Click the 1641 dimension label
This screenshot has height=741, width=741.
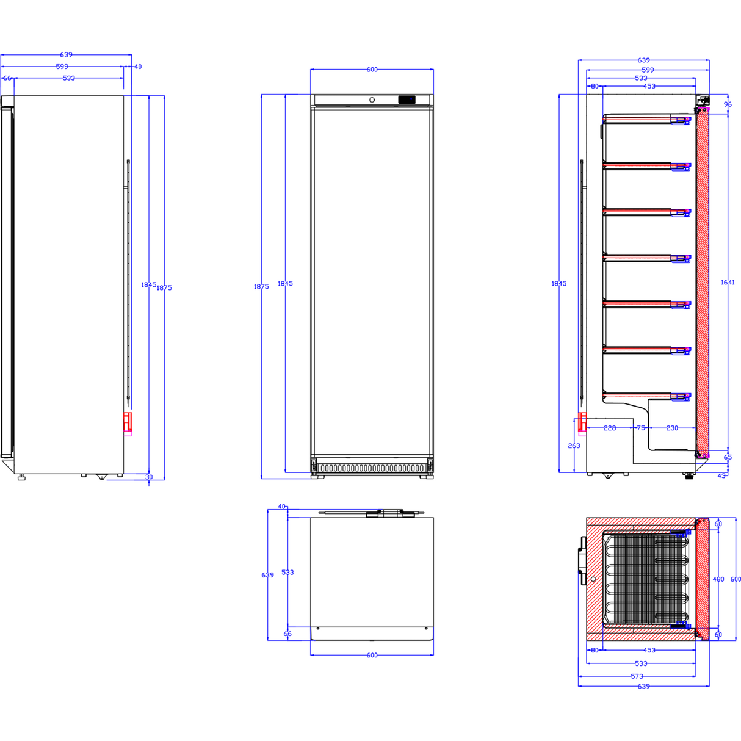tap(727, 283)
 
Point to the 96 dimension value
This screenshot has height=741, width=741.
tap(728, 105)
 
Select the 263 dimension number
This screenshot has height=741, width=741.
tap(574, 446)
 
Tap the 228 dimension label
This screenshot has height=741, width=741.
tap(609, 428)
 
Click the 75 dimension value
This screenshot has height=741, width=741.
tap(641, 428)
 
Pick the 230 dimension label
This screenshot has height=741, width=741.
tap(672, 428)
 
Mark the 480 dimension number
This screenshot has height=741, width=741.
tap(718, 579)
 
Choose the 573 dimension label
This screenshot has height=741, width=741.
tap(637, 676)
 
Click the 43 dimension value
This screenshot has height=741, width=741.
tap(721, 475)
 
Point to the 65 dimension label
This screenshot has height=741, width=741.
tap(728, 457)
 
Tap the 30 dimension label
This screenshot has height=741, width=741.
tap(149, 477)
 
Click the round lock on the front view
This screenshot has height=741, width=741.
tap(372, 99)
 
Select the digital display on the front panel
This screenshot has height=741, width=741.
tap(407, 99)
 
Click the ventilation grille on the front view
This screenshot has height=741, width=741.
tap(372, 468)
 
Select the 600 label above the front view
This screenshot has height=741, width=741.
tap(372, 70)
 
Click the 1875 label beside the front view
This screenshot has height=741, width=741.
tap(261, 286)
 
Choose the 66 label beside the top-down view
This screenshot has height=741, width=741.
tap(287, 634)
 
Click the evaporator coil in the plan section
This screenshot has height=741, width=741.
tap(647, 579)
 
